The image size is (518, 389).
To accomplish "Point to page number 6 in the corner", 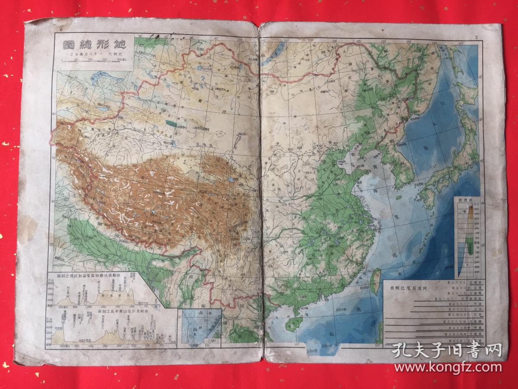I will (62, 29).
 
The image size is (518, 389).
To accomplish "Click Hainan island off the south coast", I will (294, 324).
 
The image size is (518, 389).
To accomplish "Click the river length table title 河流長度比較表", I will (426, 287).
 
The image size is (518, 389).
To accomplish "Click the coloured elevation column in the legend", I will (468, 242).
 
